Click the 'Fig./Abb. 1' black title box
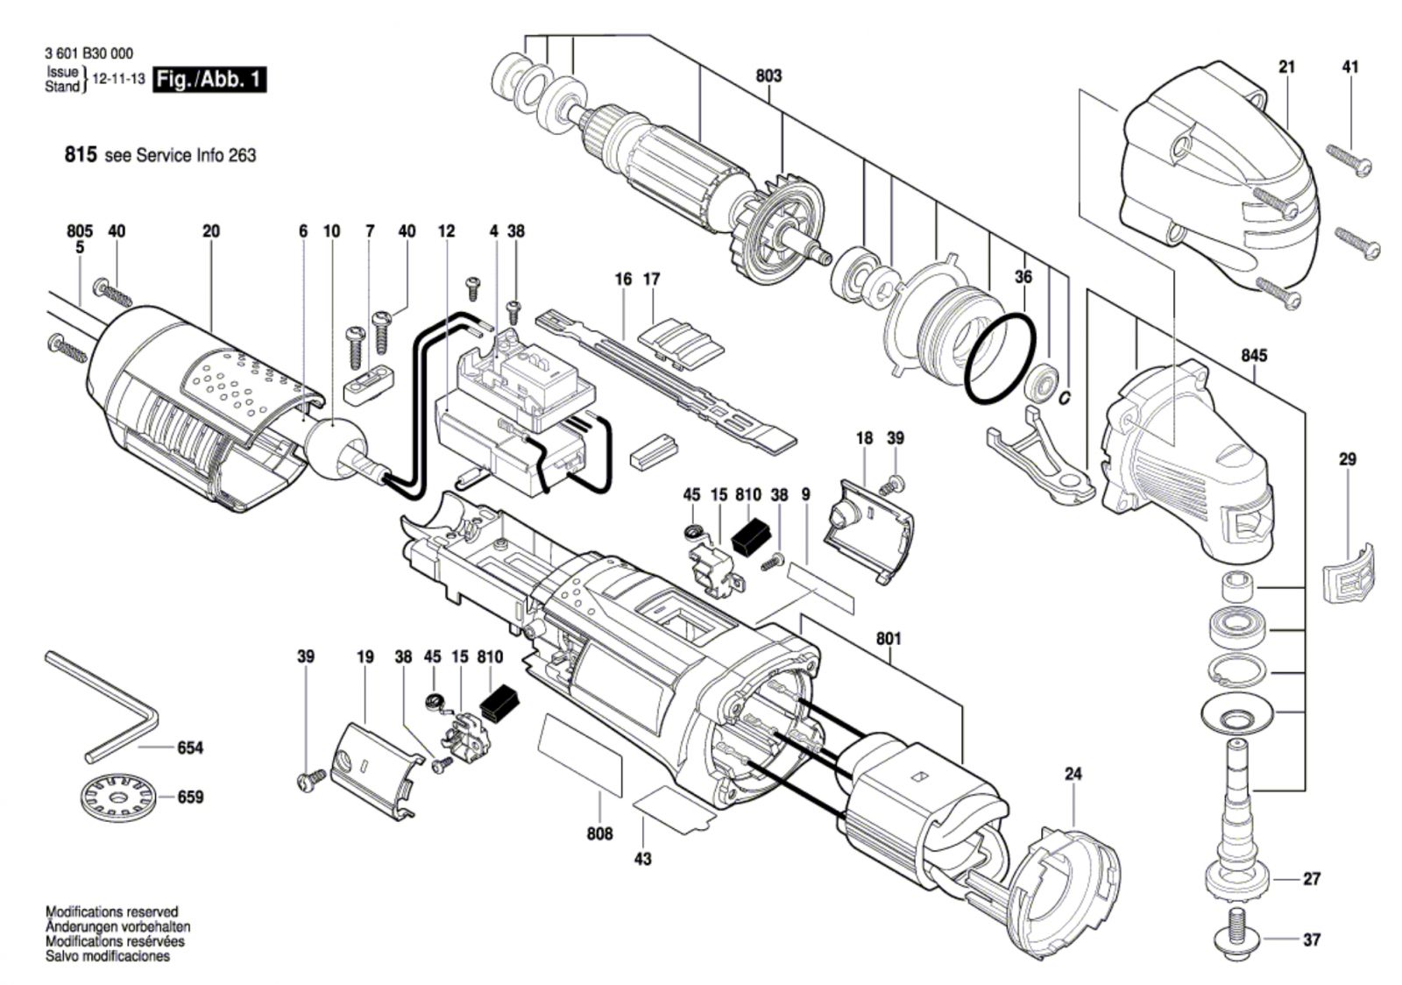[x=210, y=80]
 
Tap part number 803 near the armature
[x=768, y=75]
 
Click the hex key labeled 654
[x=102, y=707]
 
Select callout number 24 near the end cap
[x=1073, y=774]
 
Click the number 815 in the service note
[x=81, y=154]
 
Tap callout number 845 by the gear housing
[x=1254, y=356]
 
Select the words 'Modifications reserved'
[x=111, y=911]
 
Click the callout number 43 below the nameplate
[x=642, y=859]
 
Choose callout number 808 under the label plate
[x=599, y=833]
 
